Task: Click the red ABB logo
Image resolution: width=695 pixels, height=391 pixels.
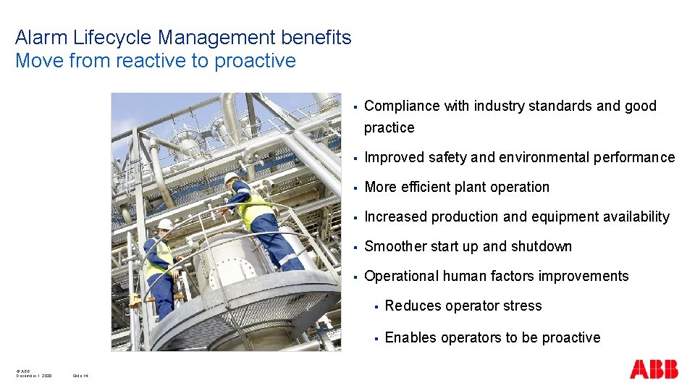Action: click(x=654, y=369)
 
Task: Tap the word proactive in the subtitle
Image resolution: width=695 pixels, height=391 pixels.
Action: click(x=255, y=61)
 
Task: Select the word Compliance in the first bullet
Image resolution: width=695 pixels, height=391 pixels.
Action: click(x=402, y=106)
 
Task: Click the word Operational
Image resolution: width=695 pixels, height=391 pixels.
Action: click(x=402, y=276)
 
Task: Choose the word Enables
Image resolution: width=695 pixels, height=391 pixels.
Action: click(x=408, y=337)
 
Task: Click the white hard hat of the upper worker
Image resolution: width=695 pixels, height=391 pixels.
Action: click(x=231, y=177)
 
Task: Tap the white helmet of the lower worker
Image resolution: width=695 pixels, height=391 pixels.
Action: click(x=165, y=224)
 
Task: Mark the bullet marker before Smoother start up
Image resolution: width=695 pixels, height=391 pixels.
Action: click(x=355, y=247)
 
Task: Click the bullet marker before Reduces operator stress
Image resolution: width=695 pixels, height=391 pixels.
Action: click(x=375, y=306)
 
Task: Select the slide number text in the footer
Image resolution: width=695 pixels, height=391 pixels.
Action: click(x=80, y=376)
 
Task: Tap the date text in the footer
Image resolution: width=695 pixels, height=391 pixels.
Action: click(x=34, y=376)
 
